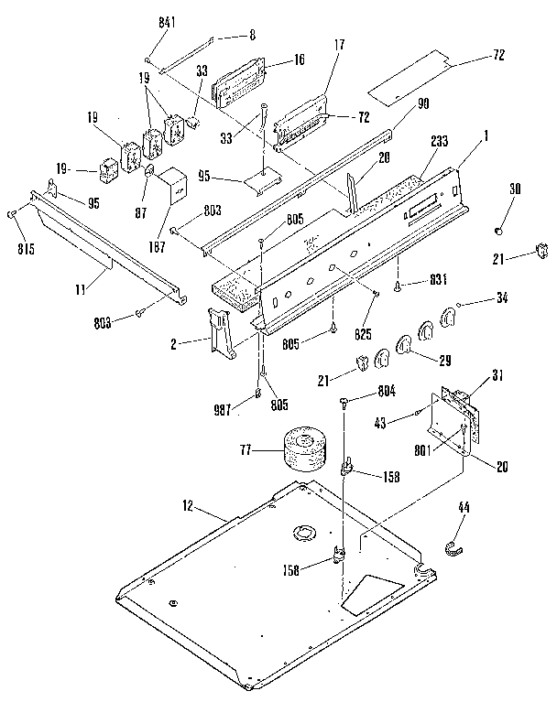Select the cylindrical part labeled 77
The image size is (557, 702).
click(x=302, y=449)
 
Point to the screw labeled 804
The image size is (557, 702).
click(x=343, y=400)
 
